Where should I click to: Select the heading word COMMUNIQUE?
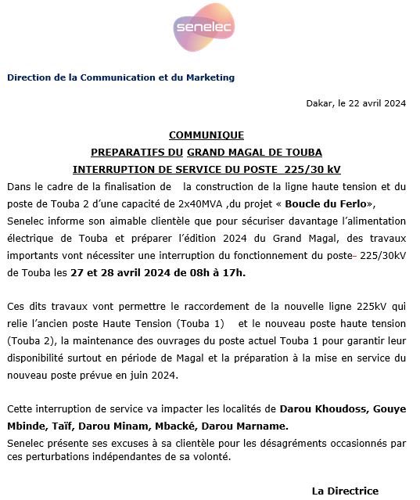[206, 135]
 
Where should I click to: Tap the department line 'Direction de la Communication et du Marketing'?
[120, 77]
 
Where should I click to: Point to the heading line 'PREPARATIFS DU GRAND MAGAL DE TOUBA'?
[206, 152]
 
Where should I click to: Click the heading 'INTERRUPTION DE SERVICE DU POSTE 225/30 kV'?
[206, 169]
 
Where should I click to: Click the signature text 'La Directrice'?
[345, 491]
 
